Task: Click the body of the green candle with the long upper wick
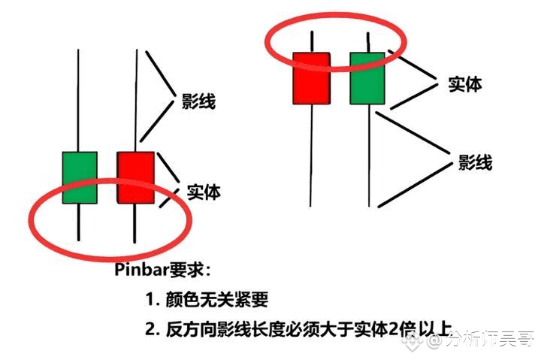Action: click(x=80, y=177)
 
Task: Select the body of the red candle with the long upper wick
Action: click(x=135, y=177)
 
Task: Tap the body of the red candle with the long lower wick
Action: click(x=311, y=78)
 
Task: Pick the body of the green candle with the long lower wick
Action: click(x=367, y=78)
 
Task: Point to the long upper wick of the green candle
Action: click(x=78, y=101)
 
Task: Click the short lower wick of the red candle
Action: click(x=134, y=223)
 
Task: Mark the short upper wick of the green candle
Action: click(x=368, y=42)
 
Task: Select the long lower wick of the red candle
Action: click(x=311, y=156)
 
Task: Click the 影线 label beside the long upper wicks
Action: click(x=198, y=101)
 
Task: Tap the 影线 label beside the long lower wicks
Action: click(x=475, y=162)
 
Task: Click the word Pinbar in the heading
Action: click(x=141, y=269)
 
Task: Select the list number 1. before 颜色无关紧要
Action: click(x=153, y=299)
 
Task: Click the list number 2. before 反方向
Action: click(x=153, y=329)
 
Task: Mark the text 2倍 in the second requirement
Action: click(x=402, y=329)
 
